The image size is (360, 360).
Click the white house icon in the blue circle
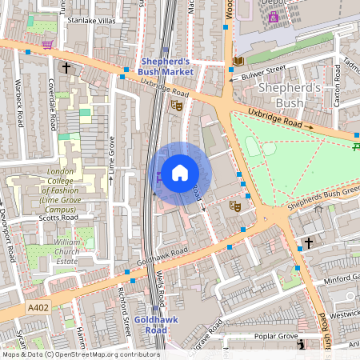click(180, 172)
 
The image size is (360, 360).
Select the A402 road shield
click(37, 307)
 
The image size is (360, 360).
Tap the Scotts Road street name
click(58, 218)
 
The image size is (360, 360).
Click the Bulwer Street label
click(263, 70)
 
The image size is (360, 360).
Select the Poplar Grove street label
click(276, 337)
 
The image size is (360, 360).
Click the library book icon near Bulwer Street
click(238, 61)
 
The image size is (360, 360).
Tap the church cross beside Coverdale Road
click(66, 68)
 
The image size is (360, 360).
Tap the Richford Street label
click(124, 307)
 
